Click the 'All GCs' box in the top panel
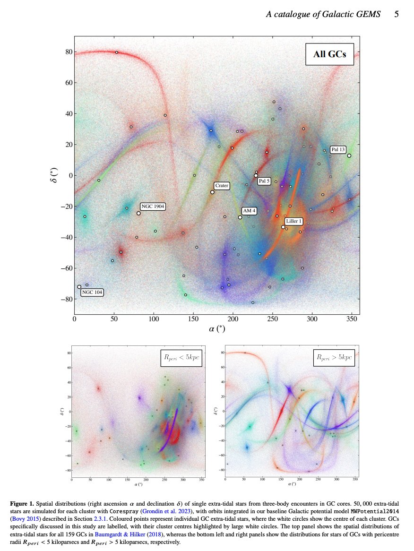pos(329,54)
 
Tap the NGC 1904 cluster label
pos(152,207)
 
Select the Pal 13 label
pos(337,149)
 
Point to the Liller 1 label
pos(293,221)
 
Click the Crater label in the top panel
pos(222,186)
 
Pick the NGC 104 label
pos(92,293)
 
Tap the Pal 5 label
pos(264,181)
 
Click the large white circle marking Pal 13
pos(349,155)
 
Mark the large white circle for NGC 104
pos(79,287)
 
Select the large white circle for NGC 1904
pos(138,213)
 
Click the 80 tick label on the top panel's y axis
pos(68,52)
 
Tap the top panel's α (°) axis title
pos(217,329)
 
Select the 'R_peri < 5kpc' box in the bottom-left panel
pos(181,358)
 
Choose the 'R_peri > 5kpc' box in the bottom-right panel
pos(335,358)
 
